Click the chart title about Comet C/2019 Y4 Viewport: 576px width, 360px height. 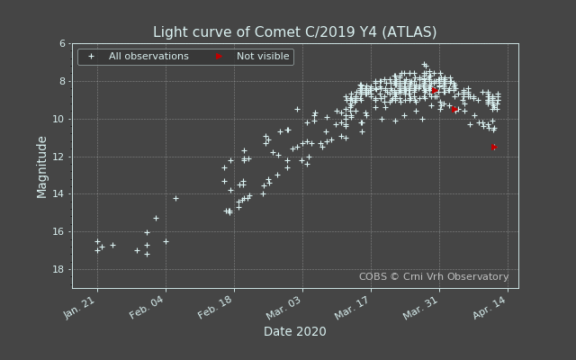pos(294,32)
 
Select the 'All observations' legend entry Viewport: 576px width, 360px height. pos(148,57)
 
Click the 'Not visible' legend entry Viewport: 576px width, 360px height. pos(263,57)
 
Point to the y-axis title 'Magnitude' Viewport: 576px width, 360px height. pos(42,166)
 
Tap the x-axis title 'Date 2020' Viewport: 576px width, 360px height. pos(294,332)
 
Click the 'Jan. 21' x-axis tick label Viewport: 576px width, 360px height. pos(81,307)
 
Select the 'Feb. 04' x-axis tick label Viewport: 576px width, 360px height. pos(148,307)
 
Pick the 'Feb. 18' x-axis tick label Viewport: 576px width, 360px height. pos(217,307)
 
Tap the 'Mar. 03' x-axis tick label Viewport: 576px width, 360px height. pos(285,307)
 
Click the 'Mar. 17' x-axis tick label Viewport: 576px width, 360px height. pos(354,307)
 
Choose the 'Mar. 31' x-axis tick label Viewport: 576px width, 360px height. pos(422,307)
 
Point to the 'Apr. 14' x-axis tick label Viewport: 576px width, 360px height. pos(490,307)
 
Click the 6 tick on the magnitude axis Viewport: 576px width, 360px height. pos(62,44)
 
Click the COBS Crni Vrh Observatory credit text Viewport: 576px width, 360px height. pos(434,277)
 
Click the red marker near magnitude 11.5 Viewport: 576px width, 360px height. pos(493,147)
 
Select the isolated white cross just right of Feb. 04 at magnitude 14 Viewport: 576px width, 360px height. pos(175,198)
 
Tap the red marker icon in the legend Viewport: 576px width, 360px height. pos(219,57)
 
